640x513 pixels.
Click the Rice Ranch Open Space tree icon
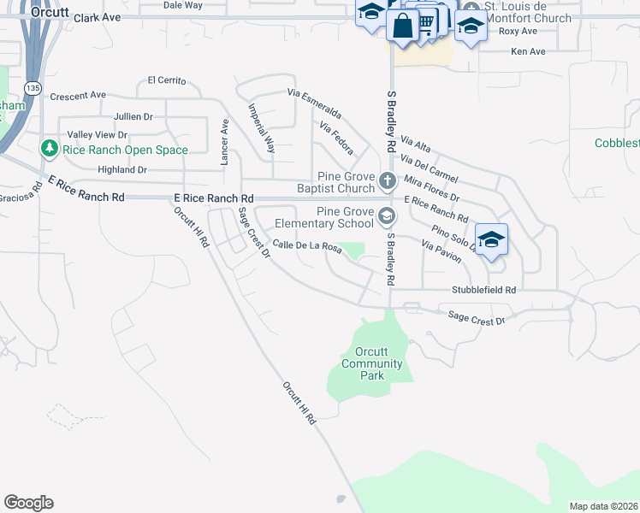pos(50,150)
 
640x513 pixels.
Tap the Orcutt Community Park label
pos(371,363)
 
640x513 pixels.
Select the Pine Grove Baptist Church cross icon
pos(388,180)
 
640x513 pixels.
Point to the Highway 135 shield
pos(33,87)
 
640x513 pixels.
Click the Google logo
pos(28,503)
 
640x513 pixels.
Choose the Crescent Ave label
pos(78,95)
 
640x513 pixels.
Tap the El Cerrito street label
pos(166,80)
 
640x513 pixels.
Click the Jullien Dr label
pos(133,116)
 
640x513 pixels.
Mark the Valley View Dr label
pos(97,135)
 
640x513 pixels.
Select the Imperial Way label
pos(261,128)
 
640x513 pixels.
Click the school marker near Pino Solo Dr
pos(491,240)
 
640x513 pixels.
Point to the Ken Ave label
pos(528,51)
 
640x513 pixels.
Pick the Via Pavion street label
pos(441,251)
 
